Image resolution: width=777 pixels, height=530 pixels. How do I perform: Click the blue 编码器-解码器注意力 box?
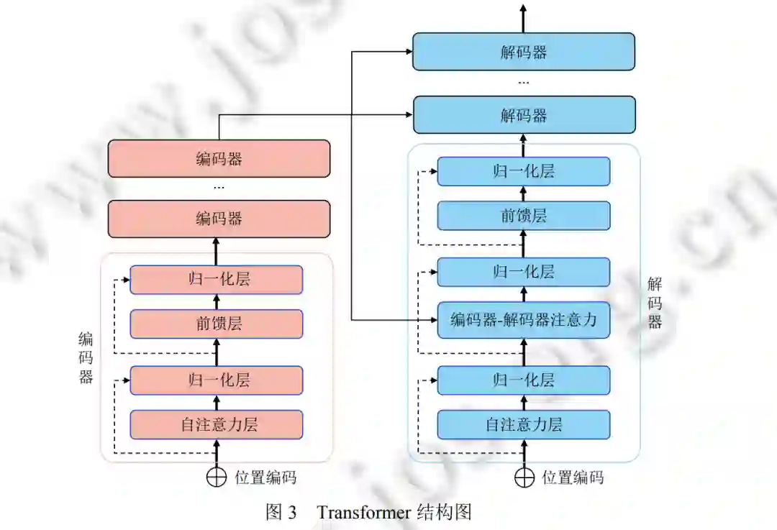click(x=524, y=319)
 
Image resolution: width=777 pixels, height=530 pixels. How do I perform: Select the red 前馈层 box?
click(x=216, y=324)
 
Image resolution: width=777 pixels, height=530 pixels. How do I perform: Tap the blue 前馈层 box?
click(x=524, y=216)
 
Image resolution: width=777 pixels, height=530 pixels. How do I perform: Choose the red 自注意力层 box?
click(x=216, y=424)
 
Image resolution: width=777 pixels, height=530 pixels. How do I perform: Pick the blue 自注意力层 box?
click(x=524, y=424)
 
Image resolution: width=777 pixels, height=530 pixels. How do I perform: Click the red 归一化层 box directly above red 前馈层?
click(x=216, y=280)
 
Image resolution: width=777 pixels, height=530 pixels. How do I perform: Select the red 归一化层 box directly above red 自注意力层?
click(x=216, y=380)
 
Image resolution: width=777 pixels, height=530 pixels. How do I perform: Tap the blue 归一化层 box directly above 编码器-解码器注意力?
click(x=524, y=272)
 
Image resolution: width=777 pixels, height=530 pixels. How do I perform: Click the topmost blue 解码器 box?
click(x=524, y=52)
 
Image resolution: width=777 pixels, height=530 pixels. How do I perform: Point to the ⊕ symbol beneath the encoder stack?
click(x=217, y=478)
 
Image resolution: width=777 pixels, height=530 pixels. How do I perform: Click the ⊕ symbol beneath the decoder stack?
click(x=524, y=478)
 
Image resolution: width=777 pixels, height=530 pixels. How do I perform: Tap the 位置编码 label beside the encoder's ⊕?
click(x=265, y=478)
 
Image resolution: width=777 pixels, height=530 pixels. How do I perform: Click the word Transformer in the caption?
click(x=363, y=513)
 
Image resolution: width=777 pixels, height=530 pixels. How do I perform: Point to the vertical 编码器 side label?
click(x=86, y=357)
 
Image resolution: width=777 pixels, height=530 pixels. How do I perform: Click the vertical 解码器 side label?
click(x=655, y=303)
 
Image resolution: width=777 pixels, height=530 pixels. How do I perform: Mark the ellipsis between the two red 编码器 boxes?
click(x=219, y=188)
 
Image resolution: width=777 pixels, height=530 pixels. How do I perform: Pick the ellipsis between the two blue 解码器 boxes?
click(x=524, y=83)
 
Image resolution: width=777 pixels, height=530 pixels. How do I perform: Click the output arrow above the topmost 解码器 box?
click(x=524, y=14)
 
